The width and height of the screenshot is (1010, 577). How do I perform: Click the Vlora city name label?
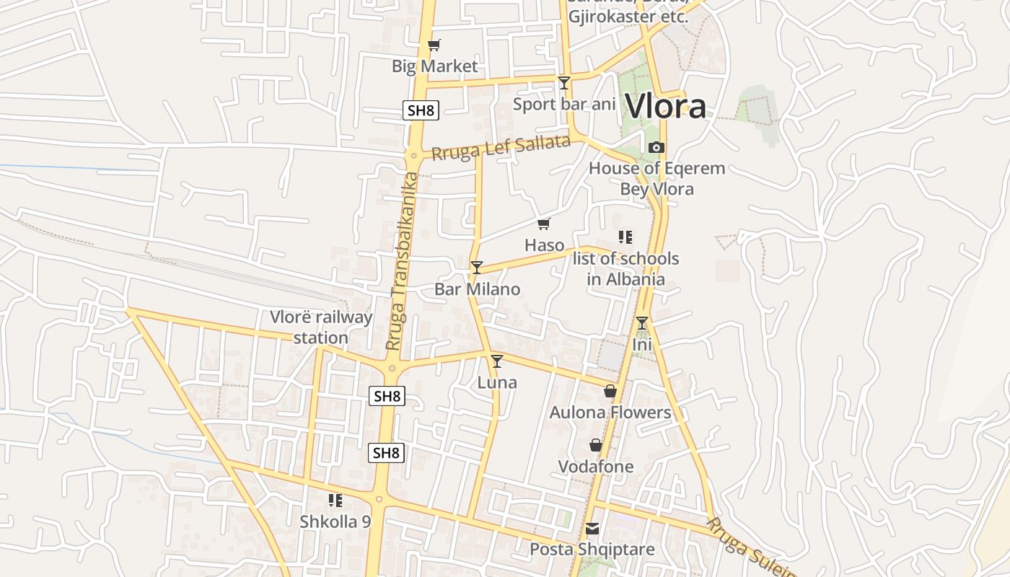665,107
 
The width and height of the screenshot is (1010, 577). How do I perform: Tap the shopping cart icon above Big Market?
434,45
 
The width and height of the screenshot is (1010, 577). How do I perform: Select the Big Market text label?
434,66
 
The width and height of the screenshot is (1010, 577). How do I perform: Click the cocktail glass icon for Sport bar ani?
564,83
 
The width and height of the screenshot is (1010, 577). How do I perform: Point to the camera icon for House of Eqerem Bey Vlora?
656,148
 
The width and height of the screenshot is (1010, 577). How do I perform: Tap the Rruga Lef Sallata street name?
501,148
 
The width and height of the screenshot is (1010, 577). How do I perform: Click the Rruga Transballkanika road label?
403,261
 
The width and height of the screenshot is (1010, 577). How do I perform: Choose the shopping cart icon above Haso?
544,224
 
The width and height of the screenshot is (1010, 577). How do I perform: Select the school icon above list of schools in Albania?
625,237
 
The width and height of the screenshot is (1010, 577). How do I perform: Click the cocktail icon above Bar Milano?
477,268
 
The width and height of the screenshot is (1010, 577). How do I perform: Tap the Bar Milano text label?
477,289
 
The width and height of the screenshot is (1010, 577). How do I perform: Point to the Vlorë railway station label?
321,327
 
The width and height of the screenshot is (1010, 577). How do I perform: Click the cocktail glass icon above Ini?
642,323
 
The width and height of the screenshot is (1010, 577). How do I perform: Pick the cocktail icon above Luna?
497,361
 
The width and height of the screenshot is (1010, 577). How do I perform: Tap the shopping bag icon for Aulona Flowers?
610,392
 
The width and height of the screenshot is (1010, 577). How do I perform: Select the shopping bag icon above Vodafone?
596,445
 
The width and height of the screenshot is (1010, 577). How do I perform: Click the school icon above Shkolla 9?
335,500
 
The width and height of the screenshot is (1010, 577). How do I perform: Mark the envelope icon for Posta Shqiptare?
592,529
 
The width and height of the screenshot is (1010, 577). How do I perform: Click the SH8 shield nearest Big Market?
421,110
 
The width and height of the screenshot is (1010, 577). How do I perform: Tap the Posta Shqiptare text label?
592,550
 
